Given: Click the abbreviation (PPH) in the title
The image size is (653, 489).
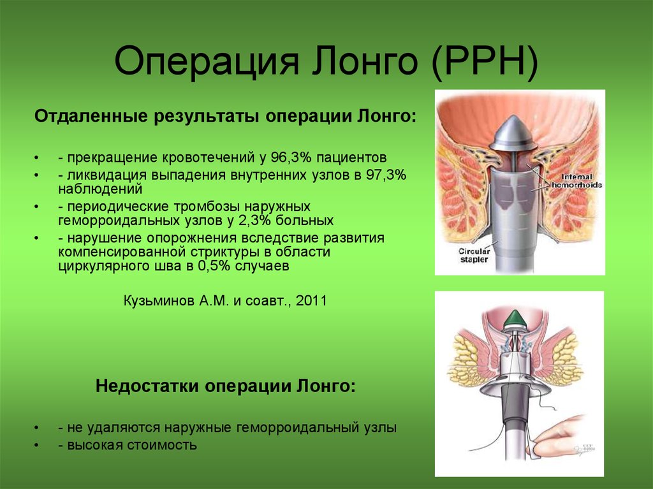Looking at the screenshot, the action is coord(485,62).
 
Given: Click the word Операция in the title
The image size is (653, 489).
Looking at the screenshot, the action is coord(207,62).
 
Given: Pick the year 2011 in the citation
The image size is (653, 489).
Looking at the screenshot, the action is coord(311,300).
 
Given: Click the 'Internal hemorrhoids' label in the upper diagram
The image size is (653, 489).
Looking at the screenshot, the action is coord(576,181).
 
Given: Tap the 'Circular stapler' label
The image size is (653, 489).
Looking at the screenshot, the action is coord(474,255).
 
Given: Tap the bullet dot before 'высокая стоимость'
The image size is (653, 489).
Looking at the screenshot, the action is coord(37,445).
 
